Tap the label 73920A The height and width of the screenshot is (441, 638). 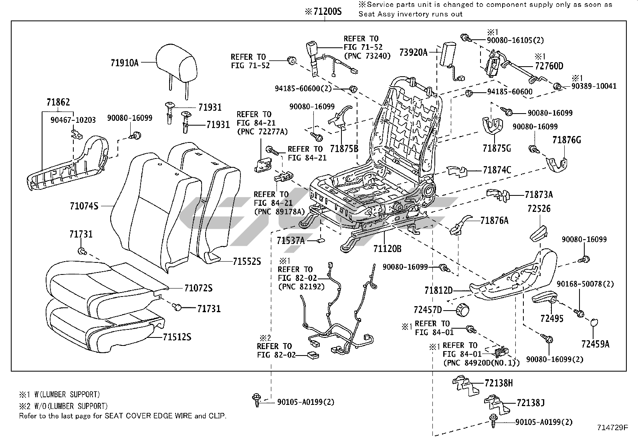(x=413, y=52)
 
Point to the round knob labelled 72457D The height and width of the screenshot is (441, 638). (x=463, y=309)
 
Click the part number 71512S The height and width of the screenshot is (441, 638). (x=177, y=337)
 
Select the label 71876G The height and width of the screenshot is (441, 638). (x=566, y=140)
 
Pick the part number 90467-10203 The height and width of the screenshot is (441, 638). (x=73, y=120)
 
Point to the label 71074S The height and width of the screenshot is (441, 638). (x=84, y=206)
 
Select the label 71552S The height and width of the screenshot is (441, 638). (x=247, y=262)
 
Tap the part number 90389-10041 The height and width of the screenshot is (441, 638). (x=592, y=86)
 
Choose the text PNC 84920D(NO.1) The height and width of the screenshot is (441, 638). (x=481, y=363)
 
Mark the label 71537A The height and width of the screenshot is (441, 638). (x=291, y=241)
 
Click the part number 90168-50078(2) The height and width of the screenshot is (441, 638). (x=585, y=284)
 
